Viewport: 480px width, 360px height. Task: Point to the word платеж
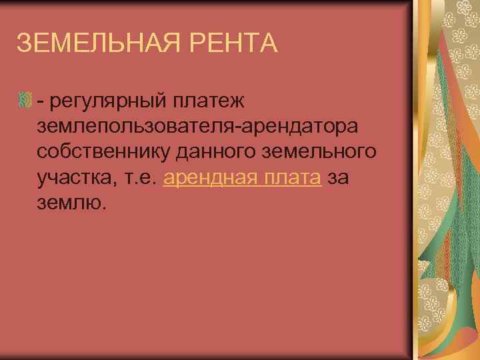point(210,101)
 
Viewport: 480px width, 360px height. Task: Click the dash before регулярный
point(41,102)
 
